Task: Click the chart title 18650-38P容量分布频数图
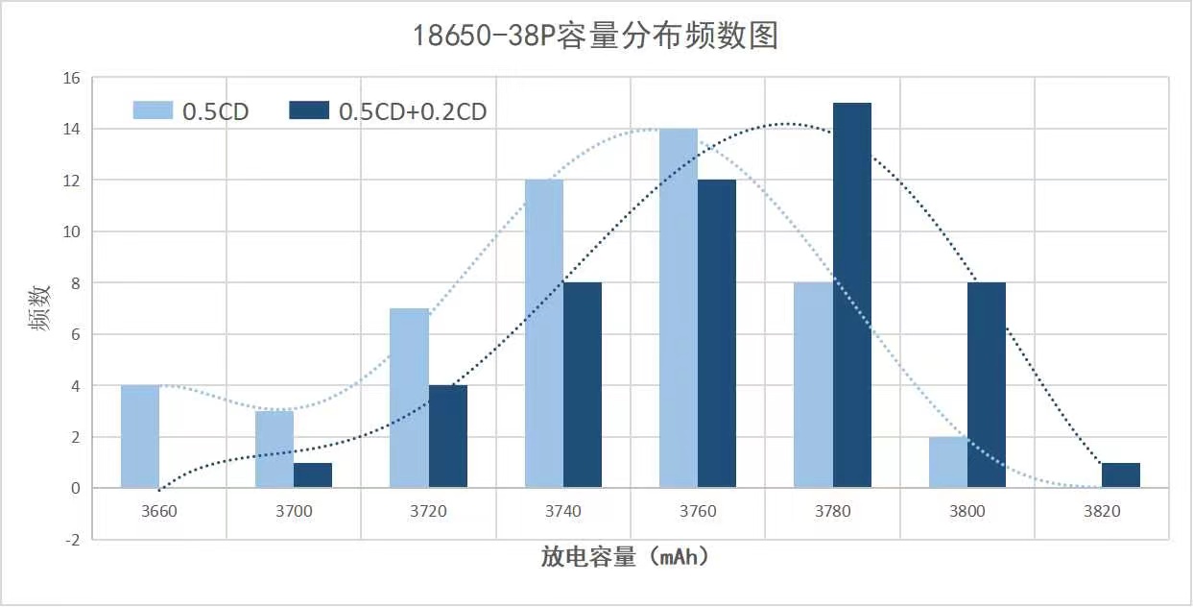point(595,36)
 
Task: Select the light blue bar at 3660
point(140,436)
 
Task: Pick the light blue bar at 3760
point(679,308)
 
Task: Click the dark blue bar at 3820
point(1121,475)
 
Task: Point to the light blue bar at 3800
point(948,462)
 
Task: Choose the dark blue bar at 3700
point(313,475)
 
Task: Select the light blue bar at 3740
point(544,333)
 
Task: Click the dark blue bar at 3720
point(448,436)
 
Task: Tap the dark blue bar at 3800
point(987,385)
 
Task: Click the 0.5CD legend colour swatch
point(153,110)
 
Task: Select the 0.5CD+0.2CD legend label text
point(413,111)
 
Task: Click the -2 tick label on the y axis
point(73,540)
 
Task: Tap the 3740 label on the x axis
point(562,511)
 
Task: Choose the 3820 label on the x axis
point(1102,511)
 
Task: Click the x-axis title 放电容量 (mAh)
point(630,557)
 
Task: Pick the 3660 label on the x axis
point(159,511)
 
